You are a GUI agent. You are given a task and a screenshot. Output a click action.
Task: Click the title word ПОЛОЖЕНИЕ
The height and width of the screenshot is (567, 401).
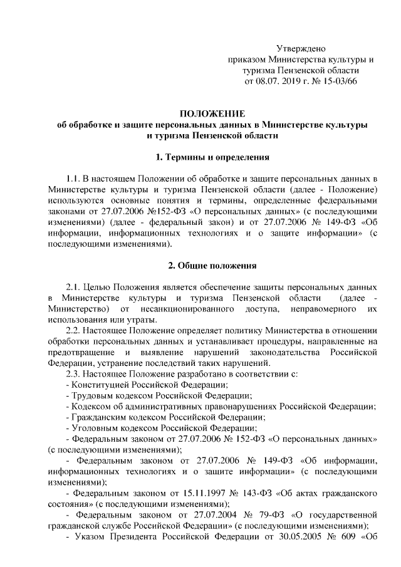212,113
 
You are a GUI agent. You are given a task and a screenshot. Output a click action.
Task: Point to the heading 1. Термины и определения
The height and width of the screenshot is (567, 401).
212,156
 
